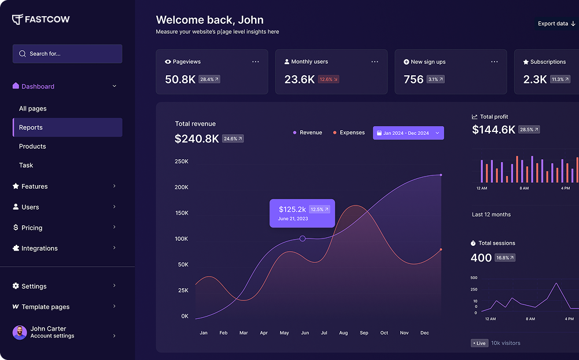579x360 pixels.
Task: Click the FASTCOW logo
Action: point(40,20)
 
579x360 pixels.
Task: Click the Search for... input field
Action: point(67,54)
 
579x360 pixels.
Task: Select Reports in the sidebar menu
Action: point(67,127)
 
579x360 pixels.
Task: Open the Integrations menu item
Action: point(39,248)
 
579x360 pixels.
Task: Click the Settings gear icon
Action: point(16,286)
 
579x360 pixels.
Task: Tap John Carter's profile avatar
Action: point(20,332)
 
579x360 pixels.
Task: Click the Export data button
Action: point(556,24)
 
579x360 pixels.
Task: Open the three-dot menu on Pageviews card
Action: point(256,61)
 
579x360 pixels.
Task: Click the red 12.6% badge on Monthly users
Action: point(329,79)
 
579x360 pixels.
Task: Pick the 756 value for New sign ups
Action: point(414,79)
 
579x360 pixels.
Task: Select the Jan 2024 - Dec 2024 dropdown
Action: point(408,133)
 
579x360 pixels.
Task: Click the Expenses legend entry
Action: point(349,133)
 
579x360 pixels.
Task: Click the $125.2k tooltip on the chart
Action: point(302,213)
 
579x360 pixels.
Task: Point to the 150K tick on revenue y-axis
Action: point(182,213)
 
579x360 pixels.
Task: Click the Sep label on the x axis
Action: point(364,333)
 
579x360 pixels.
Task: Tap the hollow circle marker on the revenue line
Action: point(303,238)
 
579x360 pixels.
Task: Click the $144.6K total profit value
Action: point(493,130)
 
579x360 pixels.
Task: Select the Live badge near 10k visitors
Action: point(479,343)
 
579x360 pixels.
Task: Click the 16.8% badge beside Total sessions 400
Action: point(505,258)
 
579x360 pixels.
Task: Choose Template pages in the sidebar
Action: point(45,307)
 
